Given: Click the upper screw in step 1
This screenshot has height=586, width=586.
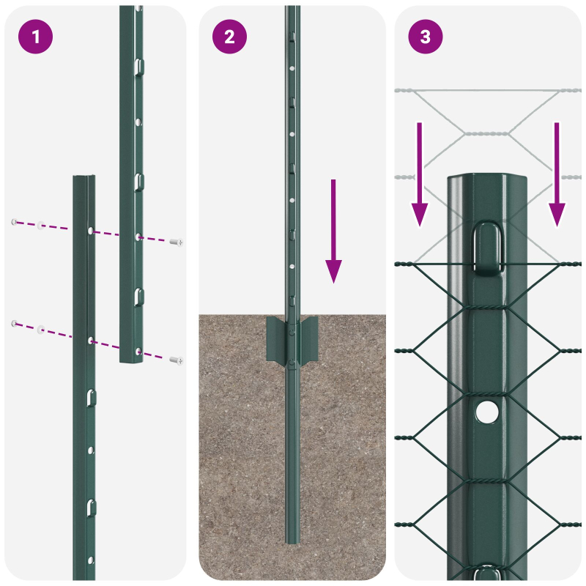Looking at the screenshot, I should [x=176, y=242].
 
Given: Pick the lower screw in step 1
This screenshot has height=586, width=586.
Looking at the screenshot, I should [x=176, y=360].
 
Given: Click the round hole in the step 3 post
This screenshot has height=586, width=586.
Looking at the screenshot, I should [x=485, y=412].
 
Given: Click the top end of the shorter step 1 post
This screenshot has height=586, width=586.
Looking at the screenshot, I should [x=84, y=179].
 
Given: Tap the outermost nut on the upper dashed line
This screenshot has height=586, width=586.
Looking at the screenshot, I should [x=14, y=221].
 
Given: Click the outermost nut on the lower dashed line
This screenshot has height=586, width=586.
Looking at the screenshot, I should [x=14, y=322].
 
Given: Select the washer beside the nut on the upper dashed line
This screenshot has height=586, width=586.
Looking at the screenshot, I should [x=41, y=225].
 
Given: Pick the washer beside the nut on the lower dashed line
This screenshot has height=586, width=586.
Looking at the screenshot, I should [x=41, y=328].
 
